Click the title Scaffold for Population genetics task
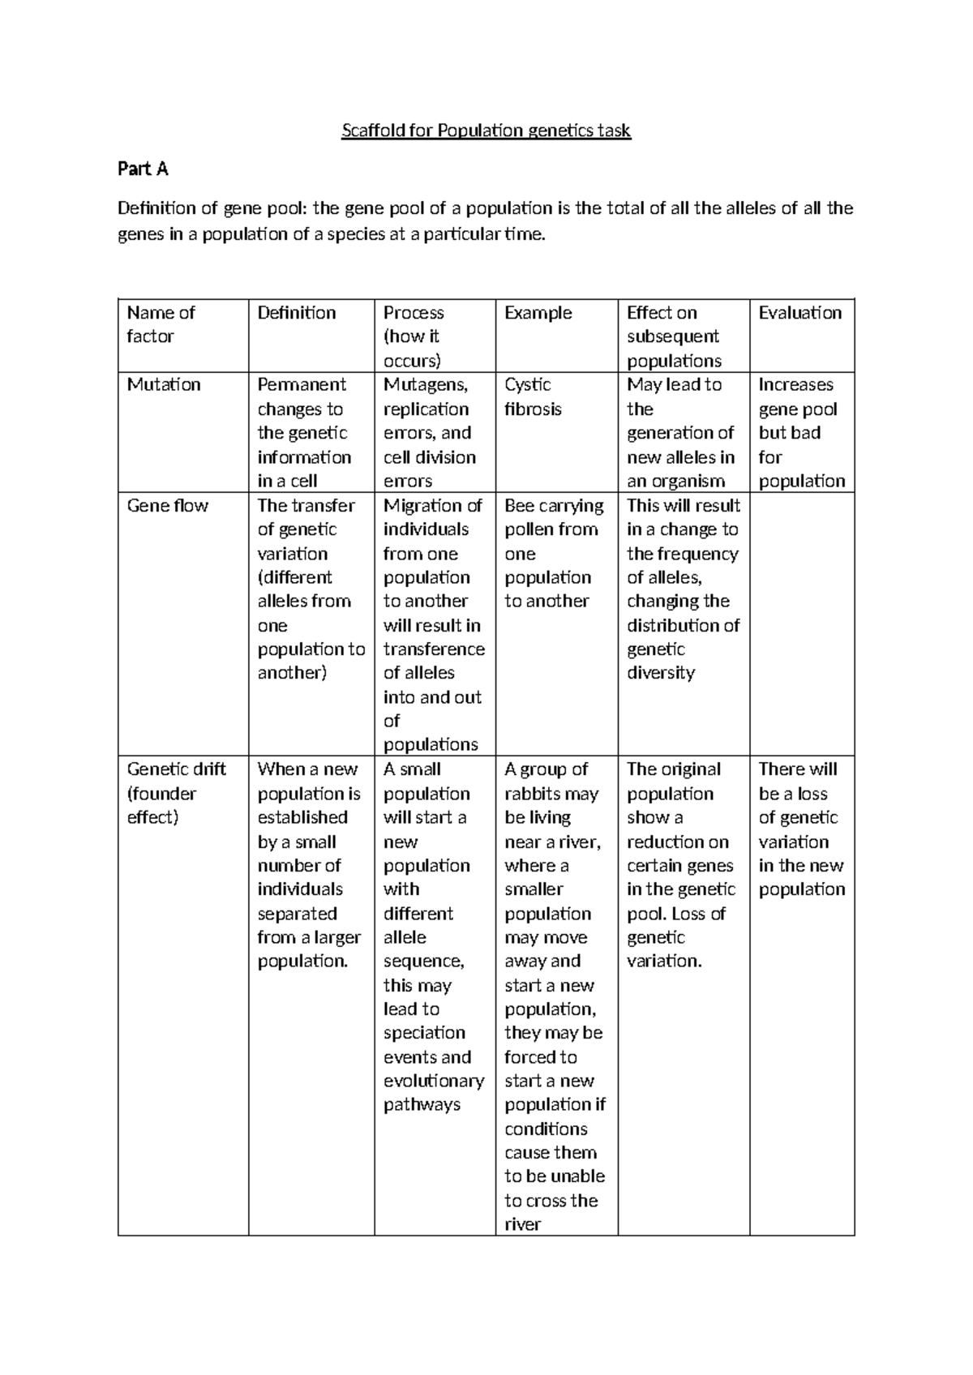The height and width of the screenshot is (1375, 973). point(486,131)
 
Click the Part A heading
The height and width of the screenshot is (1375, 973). point(143,169)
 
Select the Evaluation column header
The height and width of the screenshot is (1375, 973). point(799,313)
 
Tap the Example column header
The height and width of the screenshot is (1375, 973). point(538,313)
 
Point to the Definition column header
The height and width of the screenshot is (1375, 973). point(296,313)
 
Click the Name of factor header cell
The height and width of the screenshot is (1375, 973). point(161,324)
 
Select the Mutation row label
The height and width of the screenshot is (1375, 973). point(163,385)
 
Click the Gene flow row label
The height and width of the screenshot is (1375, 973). point(167,506)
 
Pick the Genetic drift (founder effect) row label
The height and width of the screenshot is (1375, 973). point(175,793)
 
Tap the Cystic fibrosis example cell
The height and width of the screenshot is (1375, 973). point(532,397)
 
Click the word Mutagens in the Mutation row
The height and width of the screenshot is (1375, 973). point(425,385)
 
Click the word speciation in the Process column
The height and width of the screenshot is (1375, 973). point(424,1033)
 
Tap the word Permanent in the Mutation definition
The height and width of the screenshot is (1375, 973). point(302,385)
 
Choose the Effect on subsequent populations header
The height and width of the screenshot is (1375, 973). point(673,336)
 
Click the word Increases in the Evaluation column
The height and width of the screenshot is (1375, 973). point(795,385)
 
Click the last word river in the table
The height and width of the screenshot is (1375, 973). point(522,1224)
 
